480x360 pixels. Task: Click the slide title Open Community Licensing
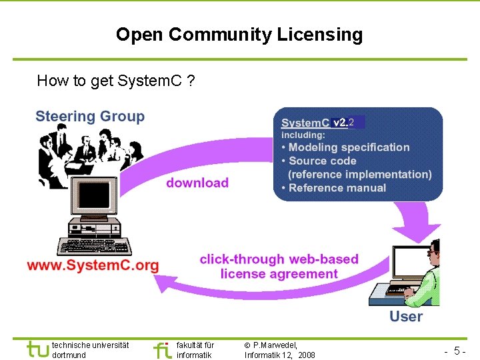pos(239,35)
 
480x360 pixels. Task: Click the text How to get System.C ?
pos(115,81)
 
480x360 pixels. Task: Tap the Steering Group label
pos(90,117)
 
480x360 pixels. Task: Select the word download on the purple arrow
pos(197,183)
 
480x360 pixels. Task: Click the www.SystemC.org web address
pos(93,265)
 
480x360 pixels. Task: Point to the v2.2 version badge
pos(348,123)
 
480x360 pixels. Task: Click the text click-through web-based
pos(279,259)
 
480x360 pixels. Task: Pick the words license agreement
pos(279,274)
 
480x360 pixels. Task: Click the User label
pos(406,315)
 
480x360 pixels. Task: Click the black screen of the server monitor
pos(94,194)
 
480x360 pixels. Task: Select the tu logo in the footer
pos(37,349)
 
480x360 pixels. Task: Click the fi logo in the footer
pos(162,349)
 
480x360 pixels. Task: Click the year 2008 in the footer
pos(307,355)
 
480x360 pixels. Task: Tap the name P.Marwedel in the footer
pos(275,345)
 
